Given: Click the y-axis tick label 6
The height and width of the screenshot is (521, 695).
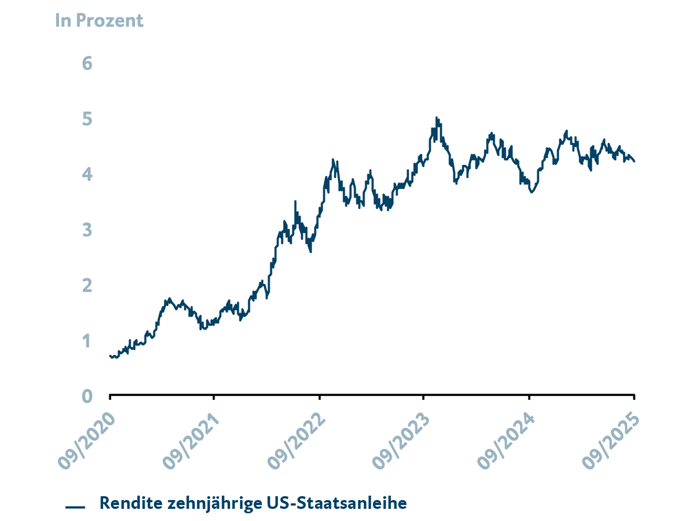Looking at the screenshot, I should tap(87, 63).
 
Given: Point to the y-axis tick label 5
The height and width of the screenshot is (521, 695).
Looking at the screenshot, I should tap(87, 119).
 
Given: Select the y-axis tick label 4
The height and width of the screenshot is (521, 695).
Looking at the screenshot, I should tap(87, 175).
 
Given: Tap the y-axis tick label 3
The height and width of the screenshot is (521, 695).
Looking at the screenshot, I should tap(87, 230).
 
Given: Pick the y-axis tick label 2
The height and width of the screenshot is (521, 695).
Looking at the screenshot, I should tap(87, 286).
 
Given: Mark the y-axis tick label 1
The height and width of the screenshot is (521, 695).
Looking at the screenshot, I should tap(87, 341).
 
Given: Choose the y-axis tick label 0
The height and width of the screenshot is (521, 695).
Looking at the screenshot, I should tap(87, 396).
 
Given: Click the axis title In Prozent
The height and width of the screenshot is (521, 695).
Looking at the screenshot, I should tap(99, 20).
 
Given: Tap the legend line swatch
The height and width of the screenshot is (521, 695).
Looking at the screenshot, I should tap(75, 507).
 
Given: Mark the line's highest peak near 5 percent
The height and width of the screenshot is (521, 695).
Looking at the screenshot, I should tap(436, 117).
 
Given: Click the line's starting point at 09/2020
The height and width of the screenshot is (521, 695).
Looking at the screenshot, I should tap(110, 356).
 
